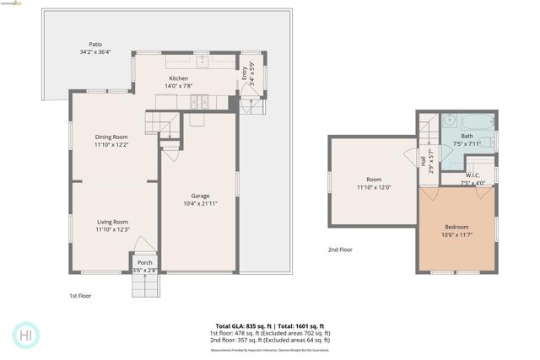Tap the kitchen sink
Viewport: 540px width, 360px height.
[x=202, y=62]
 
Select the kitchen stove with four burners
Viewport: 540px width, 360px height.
[x=200, y=101]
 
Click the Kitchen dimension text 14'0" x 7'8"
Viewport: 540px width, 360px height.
[x=178, y=86]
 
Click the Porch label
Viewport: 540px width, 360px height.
[x=145, y=262]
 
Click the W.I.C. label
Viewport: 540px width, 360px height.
[x=472, y=175]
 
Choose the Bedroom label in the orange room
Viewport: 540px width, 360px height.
[x=458, y=227]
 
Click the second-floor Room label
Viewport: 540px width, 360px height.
[x=374, y=180]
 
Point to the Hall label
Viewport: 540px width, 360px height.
[x=423, y=160]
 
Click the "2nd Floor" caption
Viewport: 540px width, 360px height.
[x=340, y=250]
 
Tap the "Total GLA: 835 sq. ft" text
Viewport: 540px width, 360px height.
[x=239, y=325]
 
